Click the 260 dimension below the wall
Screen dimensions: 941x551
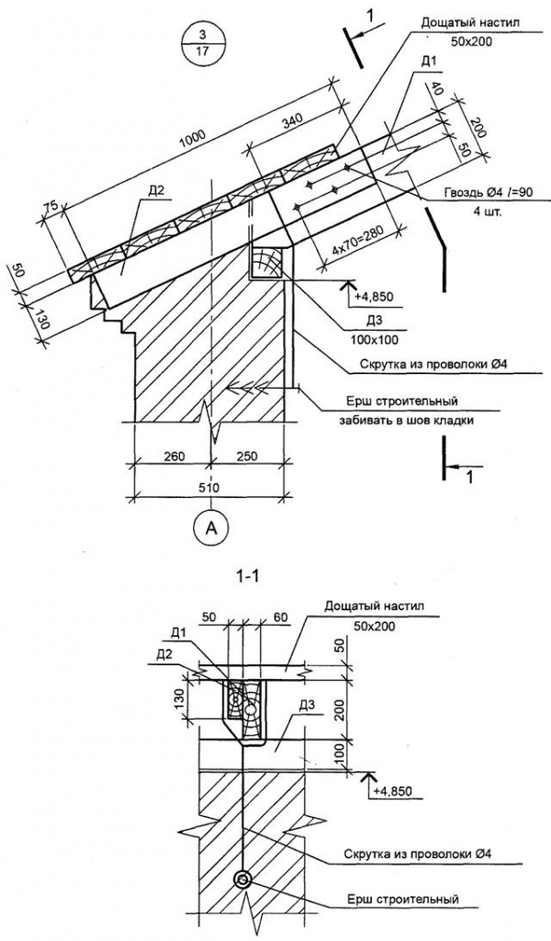click(x=172, y=456)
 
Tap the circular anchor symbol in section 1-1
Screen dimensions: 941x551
click(x=242, y=879)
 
